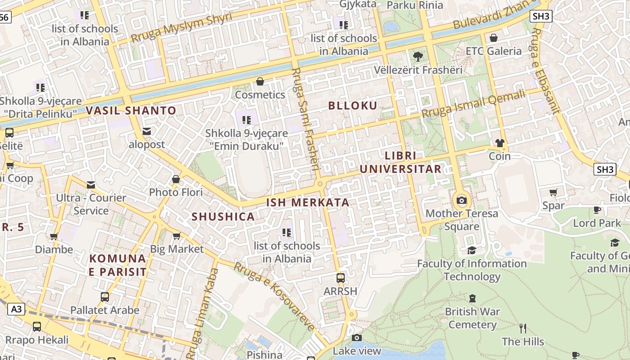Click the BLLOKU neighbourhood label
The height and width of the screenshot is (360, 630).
pos(353,106)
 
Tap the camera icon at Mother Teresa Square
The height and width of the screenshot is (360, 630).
pos(462,201)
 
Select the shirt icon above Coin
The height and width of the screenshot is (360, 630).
pos(499,144)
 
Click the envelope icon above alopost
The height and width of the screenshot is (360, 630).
pos(147,131)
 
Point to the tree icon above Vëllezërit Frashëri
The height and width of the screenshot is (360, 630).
pos(418,57)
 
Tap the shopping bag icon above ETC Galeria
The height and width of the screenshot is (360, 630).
pos(494,38)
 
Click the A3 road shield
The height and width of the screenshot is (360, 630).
pos(16,309)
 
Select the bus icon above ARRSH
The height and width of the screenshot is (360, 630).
pos(341,278)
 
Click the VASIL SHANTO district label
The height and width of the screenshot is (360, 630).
pos(131,110)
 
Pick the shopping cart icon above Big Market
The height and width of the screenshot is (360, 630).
pos(177,236)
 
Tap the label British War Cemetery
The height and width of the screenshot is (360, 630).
pos(472,318)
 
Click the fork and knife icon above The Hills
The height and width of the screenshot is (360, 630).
pos(523,328)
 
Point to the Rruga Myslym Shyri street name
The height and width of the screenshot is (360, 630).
pos(181,28)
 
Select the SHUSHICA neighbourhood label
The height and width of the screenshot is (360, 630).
pos(223,216)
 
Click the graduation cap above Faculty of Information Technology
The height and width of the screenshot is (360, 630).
pos(472,251)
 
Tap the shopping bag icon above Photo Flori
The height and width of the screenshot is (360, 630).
pos(176,179)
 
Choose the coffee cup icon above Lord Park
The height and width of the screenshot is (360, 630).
pos(597,210)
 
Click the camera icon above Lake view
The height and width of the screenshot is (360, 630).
pos(357,338)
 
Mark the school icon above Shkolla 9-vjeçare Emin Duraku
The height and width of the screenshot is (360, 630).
pos(247,120)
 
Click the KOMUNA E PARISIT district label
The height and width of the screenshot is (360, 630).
pos(117,265)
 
